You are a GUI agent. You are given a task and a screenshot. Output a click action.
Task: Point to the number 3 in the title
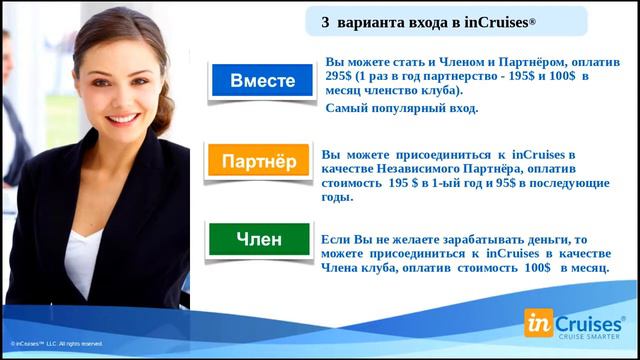coord(325,22)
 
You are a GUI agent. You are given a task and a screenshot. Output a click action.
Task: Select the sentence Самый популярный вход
coord(402,107)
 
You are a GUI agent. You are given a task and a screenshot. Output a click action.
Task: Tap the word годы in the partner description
coord(338,198)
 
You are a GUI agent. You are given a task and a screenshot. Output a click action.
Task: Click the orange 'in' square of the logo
coord(541,322)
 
